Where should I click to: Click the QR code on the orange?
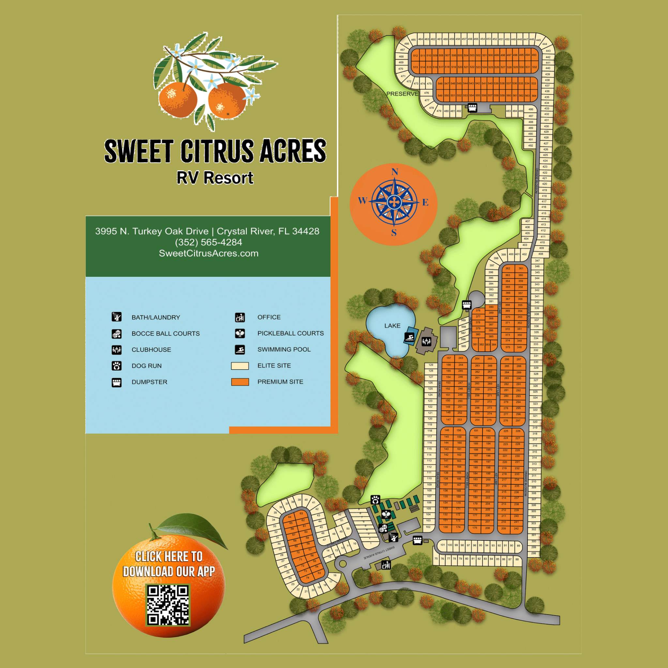coord(168,605)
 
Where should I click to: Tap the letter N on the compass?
coord(395,172)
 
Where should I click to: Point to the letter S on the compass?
coord(394,233)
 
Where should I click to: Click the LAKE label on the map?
coord(392,326)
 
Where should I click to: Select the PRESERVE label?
coord(402,94)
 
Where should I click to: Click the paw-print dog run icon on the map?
coord(375,500)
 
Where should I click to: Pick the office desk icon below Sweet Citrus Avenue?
coord(386,565)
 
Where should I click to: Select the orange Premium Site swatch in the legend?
coord(240,382)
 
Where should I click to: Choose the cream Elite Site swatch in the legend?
coord(240,366)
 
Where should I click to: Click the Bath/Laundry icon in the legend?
coord(116,317)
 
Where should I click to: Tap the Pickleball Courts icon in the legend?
coord(240,333)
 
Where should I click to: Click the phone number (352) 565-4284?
coord(208,242)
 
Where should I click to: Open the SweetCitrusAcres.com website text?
coord(208,253)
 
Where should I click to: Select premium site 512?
coord(415,56)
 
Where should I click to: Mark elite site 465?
coord(413,40)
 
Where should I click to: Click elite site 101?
coord(443,545)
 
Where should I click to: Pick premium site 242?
coord(516,529)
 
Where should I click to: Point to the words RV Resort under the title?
coord(215,178)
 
